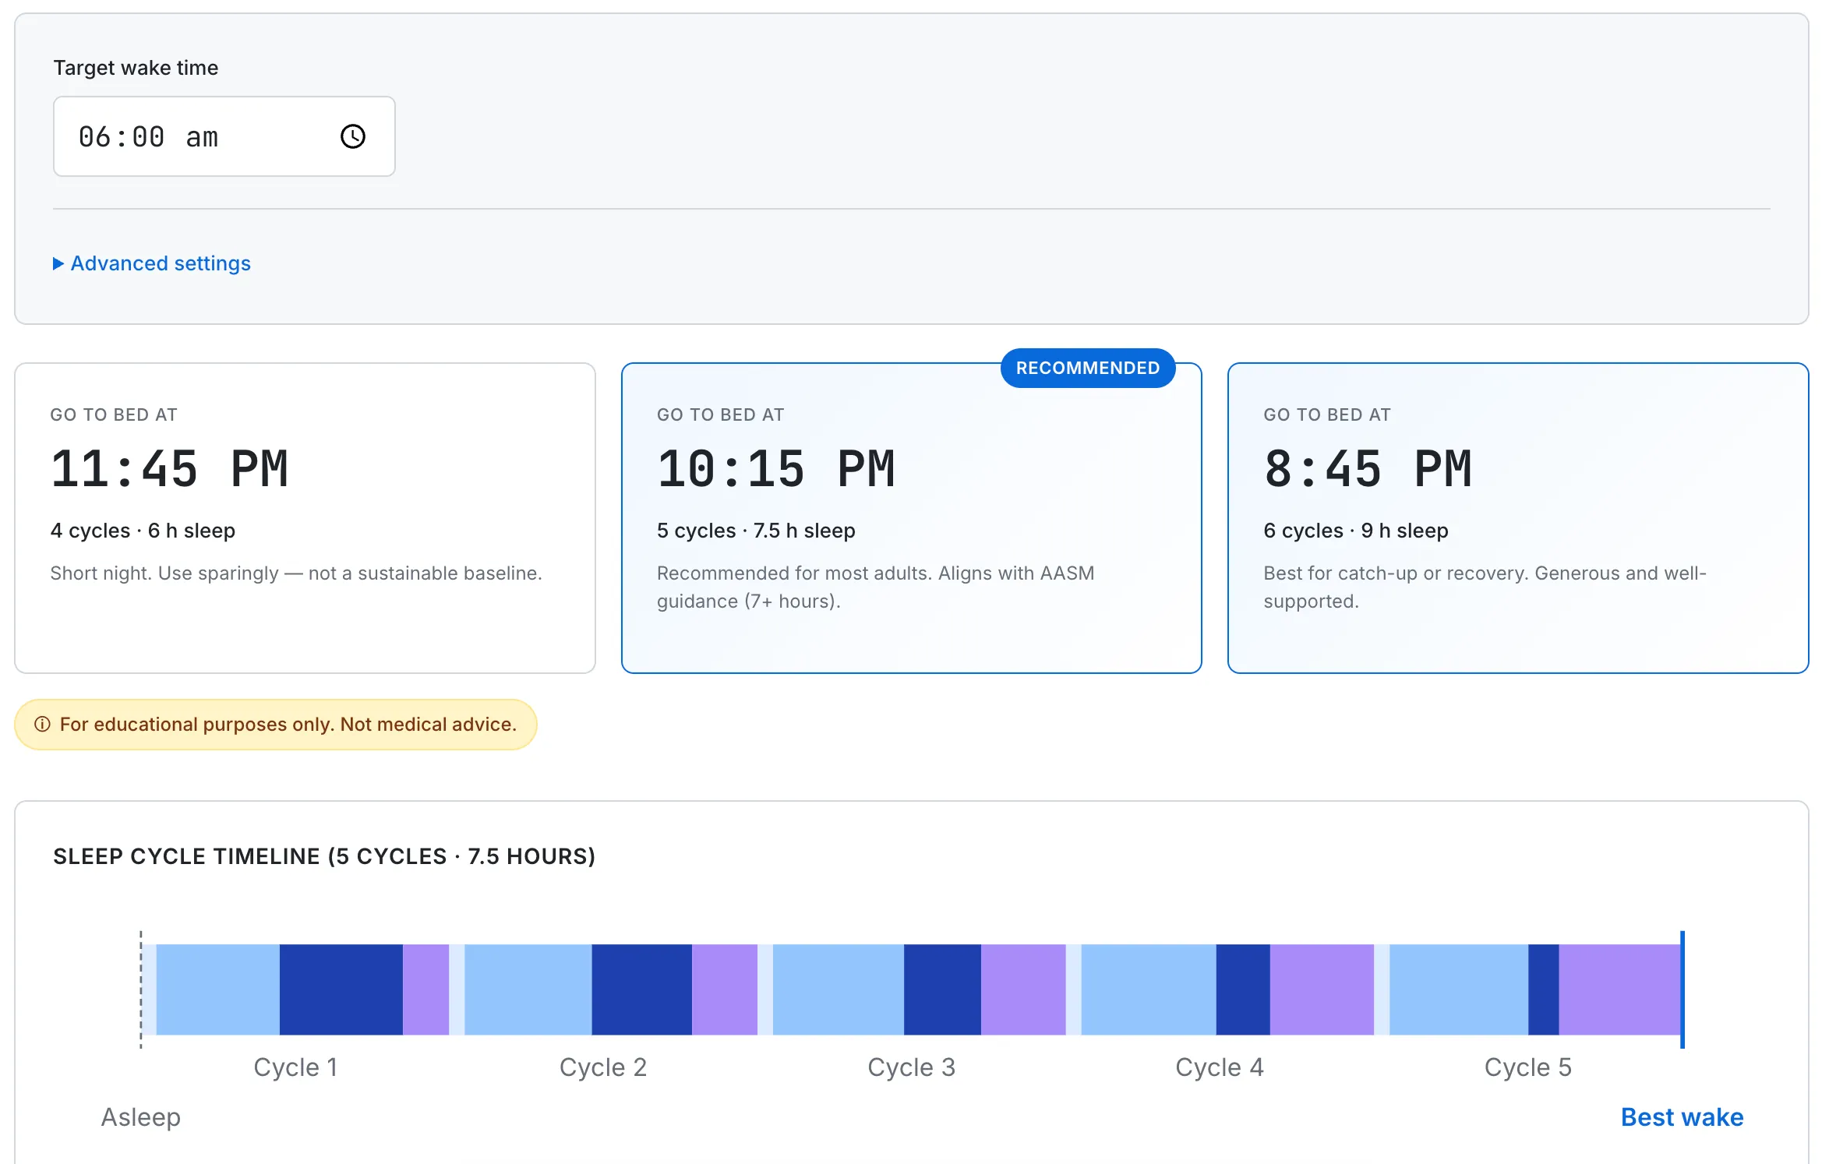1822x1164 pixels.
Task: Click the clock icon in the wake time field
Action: (353, 136)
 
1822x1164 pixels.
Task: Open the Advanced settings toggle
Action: (153, 263)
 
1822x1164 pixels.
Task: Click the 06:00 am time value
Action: (148, 137)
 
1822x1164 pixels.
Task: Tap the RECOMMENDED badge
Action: (1087, 368)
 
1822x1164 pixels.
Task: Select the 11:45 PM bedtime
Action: (170, 470)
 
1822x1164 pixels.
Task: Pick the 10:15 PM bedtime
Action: (776, 470)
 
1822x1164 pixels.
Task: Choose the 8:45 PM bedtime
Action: (1368, 470)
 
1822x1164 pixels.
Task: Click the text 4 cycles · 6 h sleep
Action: (143, 531)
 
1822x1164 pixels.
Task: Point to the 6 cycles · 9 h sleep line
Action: (1355, 531)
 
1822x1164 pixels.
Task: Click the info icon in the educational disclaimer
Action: (42, 725)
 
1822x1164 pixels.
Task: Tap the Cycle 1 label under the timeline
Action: (295, 1067)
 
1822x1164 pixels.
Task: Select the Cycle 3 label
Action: (911, 1067)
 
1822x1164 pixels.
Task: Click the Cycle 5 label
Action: (1527, 1067)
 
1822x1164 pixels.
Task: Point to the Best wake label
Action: (1682, 1117)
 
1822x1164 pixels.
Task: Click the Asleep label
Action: (141, 1117)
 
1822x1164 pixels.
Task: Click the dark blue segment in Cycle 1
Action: (341, 989)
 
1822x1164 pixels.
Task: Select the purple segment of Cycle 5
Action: (1619, 989)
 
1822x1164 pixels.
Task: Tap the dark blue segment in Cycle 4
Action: (1243, 989)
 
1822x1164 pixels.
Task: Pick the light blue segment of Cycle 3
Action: (838, 989)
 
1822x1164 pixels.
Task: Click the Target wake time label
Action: (136, 68)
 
